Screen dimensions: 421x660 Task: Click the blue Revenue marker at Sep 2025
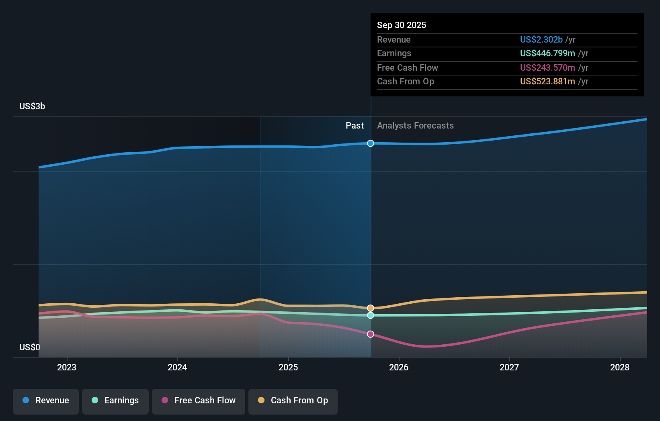371,143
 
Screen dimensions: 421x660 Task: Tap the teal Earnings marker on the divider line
371,315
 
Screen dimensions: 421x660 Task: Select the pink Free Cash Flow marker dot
371,334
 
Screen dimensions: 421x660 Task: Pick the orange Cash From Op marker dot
371,308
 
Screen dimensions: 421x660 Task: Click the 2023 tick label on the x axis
67,367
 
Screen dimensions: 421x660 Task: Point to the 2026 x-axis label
399,367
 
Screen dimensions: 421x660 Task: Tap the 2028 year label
620,367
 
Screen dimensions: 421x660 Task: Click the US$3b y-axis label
32,106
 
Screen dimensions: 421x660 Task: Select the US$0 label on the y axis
30,347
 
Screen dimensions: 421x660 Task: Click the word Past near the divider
355,126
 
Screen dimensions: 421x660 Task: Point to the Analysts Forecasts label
415,126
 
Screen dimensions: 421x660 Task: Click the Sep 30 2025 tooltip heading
402,25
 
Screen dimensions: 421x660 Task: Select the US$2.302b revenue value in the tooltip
541,39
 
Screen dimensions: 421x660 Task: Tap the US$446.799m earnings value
547,53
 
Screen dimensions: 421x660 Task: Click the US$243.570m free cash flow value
547,67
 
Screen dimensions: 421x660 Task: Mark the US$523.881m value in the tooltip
547,81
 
